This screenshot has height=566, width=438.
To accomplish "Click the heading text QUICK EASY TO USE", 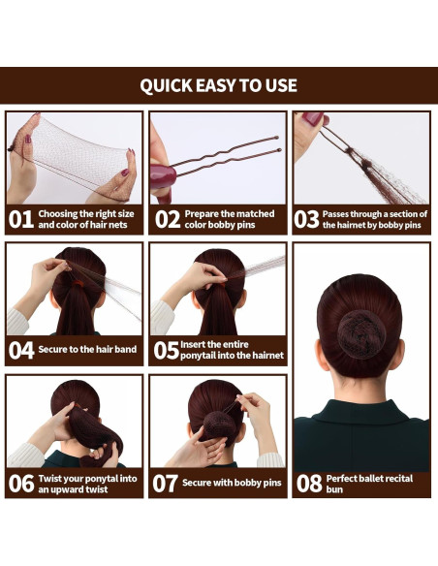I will coord(218,85).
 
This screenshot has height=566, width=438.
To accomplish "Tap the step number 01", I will coord(21,219).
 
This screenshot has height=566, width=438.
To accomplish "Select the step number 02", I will coord(168,219).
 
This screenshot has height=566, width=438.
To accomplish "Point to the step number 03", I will coord(307,219).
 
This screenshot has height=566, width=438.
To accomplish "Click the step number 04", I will coord(21,351).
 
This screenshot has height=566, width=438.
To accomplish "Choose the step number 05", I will coord(165,351).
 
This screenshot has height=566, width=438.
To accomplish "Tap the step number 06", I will coord(21,483).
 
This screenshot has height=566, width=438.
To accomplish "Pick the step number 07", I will coord(165,483).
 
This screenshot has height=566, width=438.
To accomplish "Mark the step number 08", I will coord(309,483).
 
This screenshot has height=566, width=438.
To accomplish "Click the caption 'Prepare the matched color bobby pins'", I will coord(229,219).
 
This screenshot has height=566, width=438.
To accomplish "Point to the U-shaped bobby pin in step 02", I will coord(228,155).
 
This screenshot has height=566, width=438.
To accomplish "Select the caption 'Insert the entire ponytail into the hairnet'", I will coord(232,351).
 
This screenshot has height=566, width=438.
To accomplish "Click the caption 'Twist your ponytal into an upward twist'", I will coord(85,483).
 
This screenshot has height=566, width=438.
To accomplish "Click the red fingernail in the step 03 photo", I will coord(312,119).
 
